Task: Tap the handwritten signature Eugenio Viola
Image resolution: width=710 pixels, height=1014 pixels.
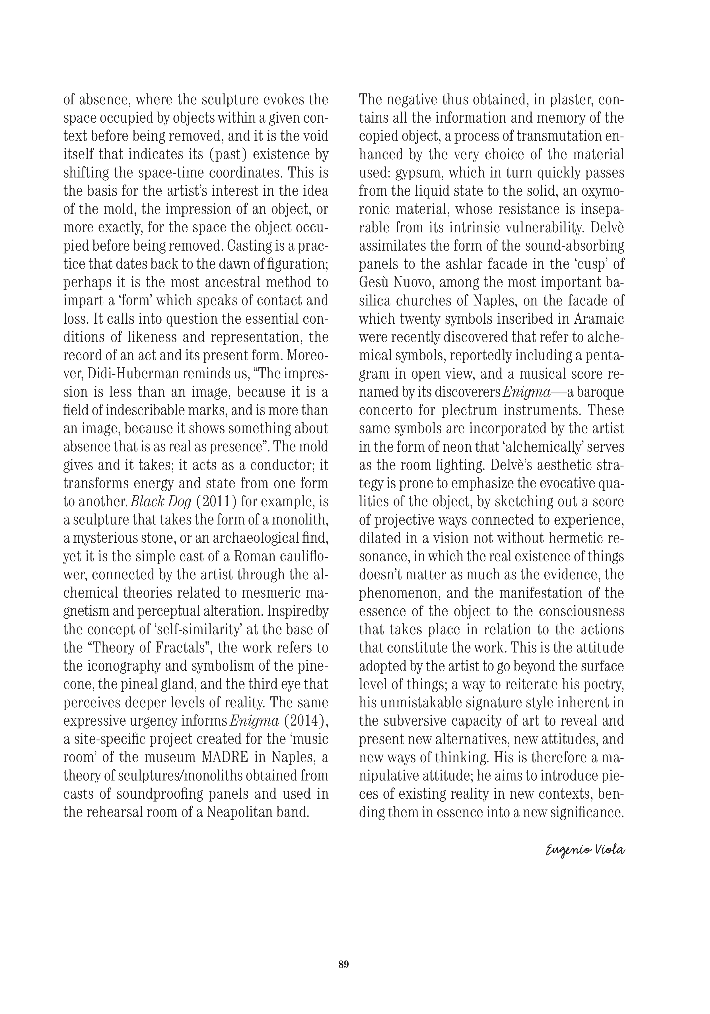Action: point(585,862)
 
